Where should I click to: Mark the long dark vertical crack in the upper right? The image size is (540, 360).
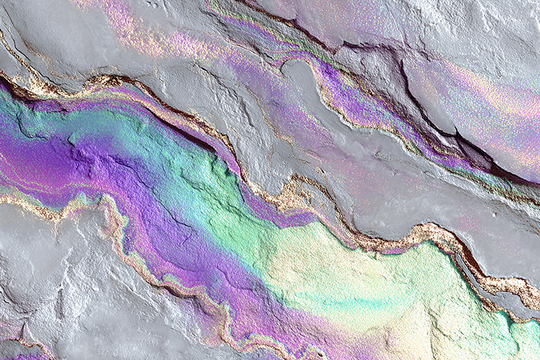410,94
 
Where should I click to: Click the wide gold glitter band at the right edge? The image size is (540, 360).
515,284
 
